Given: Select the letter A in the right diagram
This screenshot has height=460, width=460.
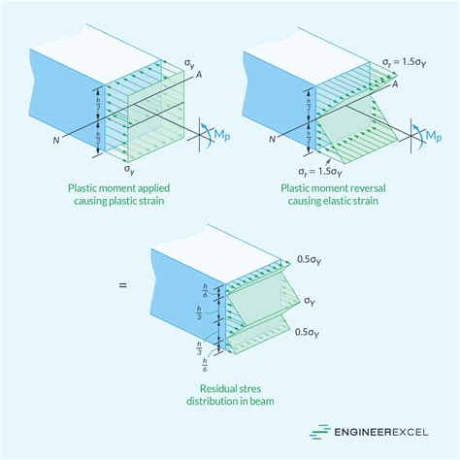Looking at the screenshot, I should click(394, 82).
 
